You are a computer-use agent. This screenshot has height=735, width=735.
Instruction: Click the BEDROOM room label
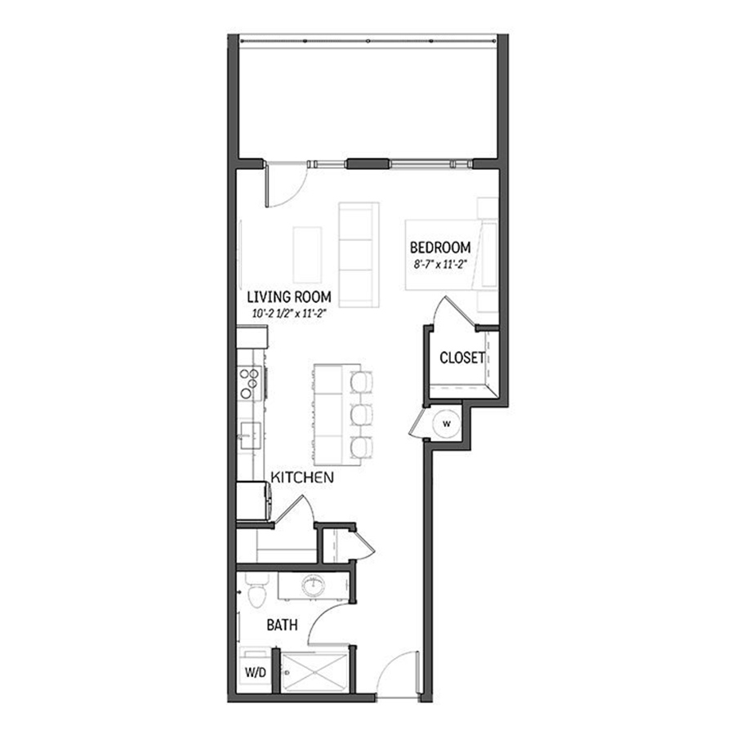click(440, 247)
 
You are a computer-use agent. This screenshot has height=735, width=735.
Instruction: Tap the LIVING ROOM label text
click(283, 299)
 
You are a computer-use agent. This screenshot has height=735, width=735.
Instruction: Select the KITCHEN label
click(301, 477)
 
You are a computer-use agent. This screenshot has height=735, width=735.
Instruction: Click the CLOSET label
click(461, 358)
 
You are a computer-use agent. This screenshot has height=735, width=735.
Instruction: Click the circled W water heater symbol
click(447, 423)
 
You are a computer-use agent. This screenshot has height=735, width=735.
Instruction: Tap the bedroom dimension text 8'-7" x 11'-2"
click(440, 264)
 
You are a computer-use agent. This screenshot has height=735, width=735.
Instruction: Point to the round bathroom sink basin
click(312, 586)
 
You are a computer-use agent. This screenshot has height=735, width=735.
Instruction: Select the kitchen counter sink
click(248, 430)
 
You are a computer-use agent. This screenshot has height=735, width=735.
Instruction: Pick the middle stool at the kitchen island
click(359, 413)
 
